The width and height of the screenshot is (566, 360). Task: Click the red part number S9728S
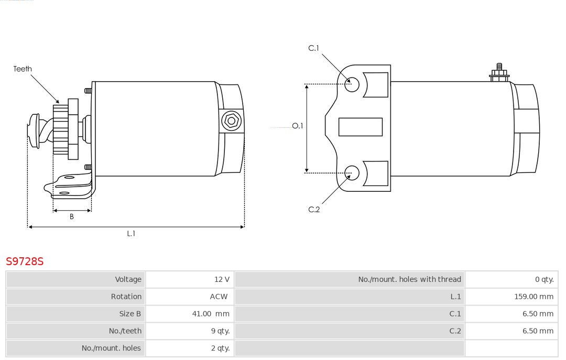[25, 261]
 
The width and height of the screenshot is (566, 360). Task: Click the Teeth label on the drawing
[23, 69]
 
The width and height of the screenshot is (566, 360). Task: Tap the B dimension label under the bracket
[71, 216]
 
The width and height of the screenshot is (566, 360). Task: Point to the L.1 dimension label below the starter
[131, 234]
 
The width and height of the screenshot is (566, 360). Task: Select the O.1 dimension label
[298, 126]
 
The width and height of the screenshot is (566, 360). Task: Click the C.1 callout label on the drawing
[314, 48]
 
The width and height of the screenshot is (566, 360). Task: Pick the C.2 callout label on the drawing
[314, 210]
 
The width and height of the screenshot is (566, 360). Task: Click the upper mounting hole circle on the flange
[352, 84]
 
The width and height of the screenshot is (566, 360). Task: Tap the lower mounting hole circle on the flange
[352, 173]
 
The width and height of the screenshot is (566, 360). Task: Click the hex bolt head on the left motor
[231, 121]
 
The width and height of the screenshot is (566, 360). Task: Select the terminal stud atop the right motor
[499, 73]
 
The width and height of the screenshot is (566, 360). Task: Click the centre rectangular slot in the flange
[360, 127]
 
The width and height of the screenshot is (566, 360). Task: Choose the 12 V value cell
[222, 279]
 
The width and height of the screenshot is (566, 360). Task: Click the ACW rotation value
[219, 297]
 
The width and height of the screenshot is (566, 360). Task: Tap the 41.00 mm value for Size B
[211, 314]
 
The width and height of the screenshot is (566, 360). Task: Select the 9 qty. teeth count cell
[220, 331]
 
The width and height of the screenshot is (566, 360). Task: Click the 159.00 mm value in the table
[534, 297]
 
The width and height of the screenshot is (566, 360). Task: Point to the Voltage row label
[128, 279]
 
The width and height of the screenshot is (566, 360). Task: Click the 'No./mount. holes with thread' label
[409, 279]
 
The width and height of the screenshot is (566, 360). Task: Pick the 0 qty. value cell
[545, 279]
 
